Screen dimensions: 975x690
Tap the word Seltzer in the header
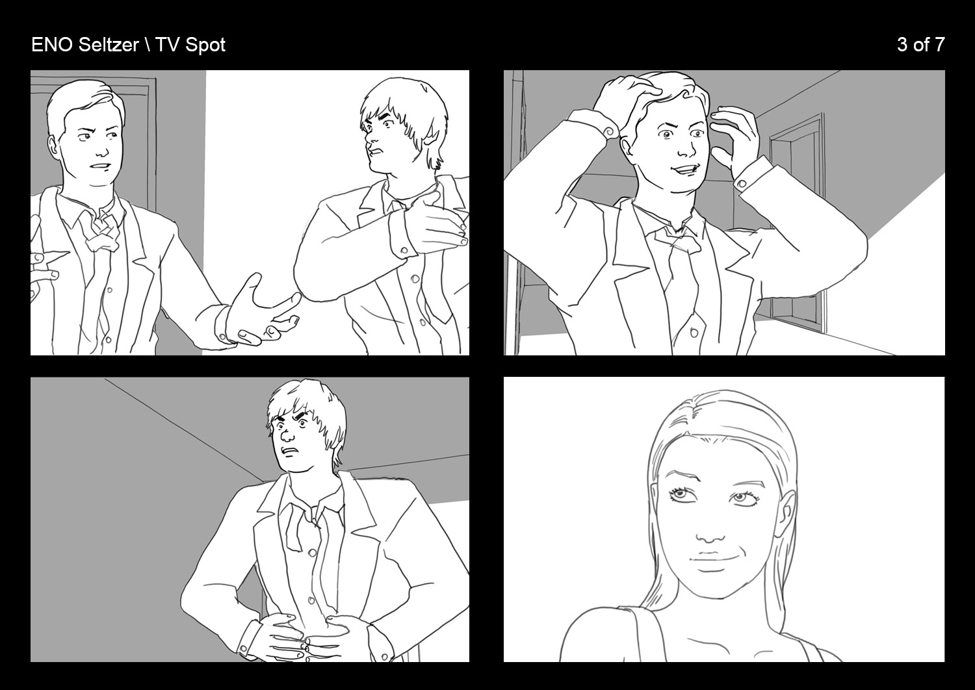tap(109, 45)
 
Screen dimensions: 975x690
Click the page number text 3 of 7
tap(920, 45)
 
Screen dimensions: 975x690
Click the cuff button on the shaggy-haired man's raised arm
tap(404, 251)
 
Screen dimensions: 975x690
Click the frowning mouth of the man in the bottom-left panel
tap(289, 451)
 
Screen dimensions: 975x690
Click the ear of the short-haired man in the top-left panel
tap(53, 146)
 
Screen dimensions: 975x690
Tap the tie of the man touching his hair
tap(679, 270)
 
